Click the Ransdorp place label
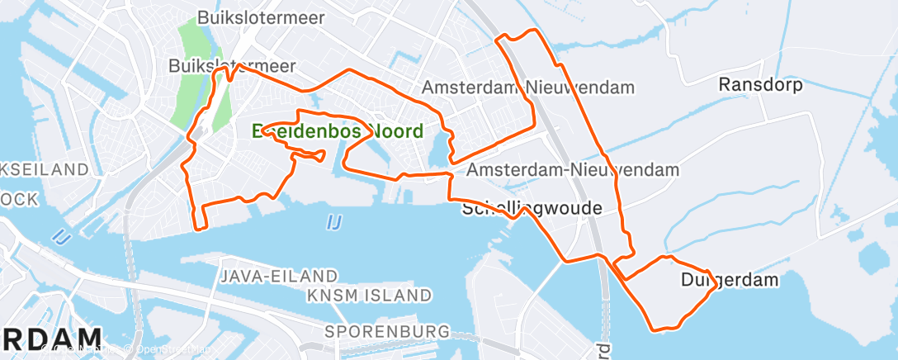(x=761, y=84)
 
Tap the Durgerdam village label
(x=730, y=280)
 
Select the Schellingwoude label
(x=532, y=208)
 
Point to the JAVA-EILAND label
(x=279, y=276)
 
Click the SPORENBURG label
(x=387, y=331)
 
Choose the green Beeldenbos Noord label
(x=338, y=130)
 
